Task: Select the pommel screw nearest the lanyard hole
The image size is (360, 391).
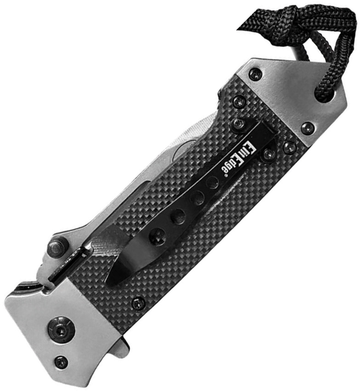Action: pyautogui.click(x=308, y=128)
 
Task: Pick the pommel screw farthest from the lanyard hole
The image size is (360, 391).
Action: pyautogui.click(x=256, y=75)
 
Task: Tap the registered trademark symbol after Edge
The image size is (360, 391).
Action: pyautogui.click(x=220, y=176)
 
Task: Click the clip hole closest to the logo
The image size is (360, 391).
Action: pyautogui.click(x=213, y=182)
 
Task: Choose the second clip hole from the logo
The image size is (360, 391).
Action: pyautogui.click(x=197, y=198)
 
